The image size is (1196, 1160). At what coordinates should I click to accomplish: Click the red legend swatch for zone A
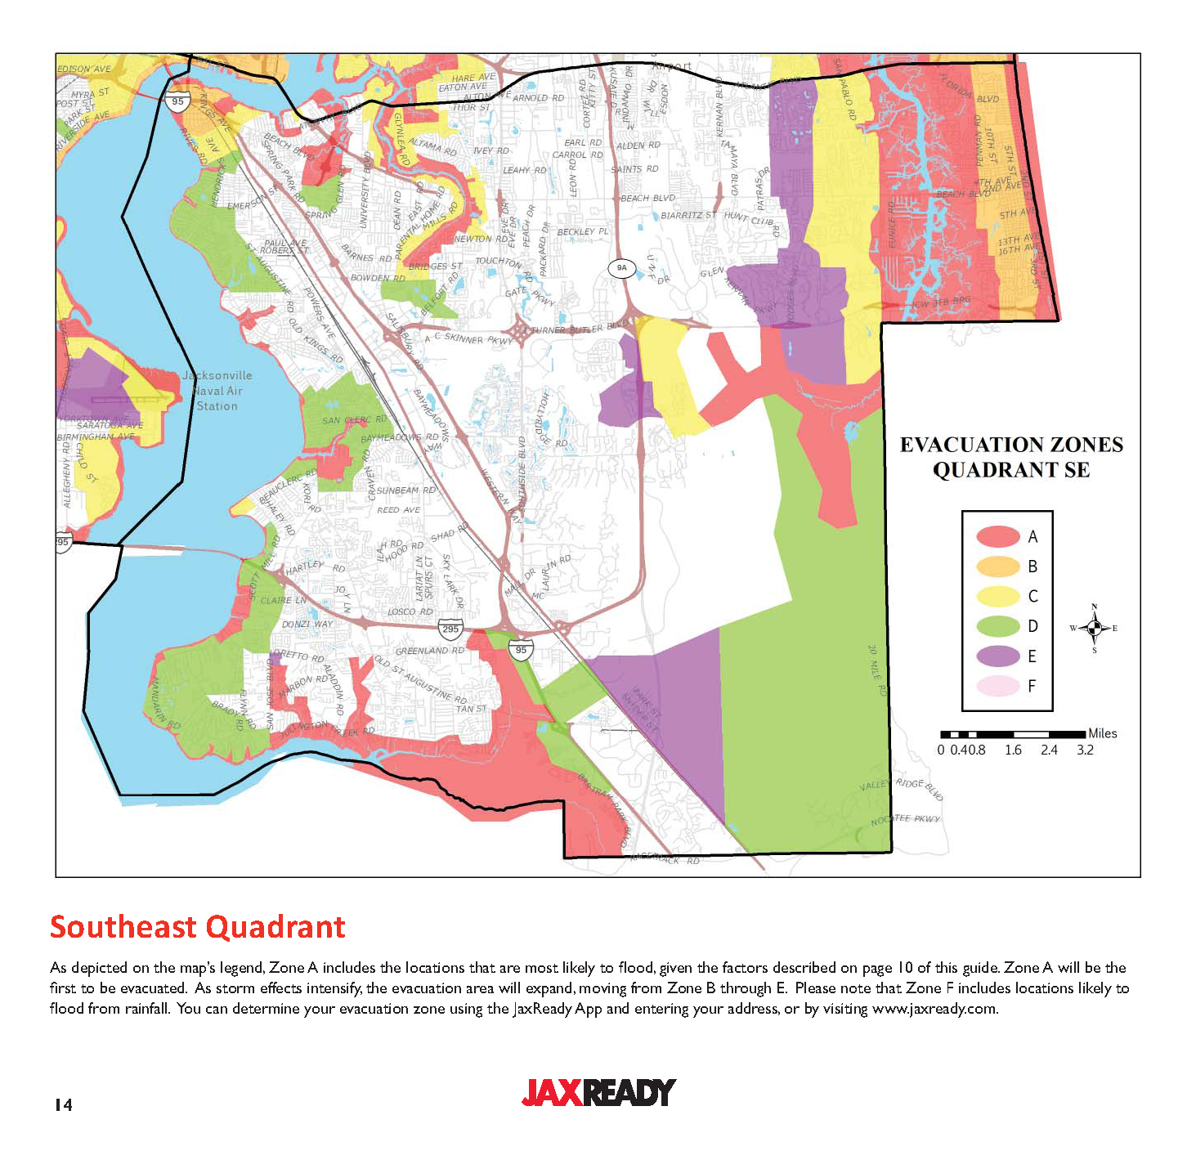[x=998, y=537]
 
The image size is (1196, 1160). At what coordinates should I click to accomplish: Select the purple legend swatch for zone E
[x=998, y=656]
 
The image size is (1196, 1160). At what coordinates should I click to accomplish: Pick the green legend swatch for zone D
[x=998, y=626]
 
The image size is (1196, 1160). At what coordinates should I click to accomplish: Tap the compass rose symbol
[x=1095, y=629]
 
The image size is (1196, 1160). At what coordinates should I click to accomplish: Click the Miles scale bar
[x=1014, y=734]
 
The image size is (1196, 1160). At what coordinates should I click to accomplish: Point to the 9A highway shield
[x=622, y=268]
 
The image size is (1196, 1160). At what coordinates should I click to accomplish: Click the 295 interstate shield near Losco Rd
[x=450, y=629]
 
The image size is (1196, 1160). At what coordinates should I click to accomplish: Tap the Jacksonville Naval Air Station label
[x=217, y=391]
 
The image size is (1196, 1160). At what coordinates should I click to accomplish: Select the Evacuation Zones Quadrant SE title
[x=1011, y=457]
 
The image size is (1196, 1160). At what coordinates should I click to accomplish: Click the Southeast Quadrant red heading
[x=198, y=927]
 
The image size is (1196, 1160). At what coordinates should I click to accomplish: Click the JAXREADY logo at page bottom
[x=598, y=1092]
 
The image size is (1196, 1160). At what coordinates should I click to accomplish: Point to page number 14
[x=63, y=1105]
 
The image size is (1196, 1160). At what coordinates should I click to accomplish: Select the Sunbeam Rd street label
[x=406, y=490]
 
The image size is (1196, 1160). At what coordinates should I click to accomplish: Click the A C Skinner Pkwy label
[x=468, y=338]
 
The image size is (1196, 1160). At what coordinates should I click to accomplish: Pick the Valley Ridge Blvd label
[x=901, y=788]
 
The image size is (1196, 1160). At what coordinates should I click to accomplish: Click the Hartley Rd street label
[x=316, y=566]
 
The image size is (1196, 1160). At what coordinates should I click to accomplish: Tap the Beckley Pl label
[x=583, y=231]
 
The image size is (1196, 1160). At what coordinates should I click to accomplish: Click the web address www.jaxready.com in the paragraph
[x=934, y=1008]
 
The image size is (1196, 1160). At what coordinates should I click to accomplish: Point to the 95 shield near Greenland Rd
[x=521, y=651]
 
